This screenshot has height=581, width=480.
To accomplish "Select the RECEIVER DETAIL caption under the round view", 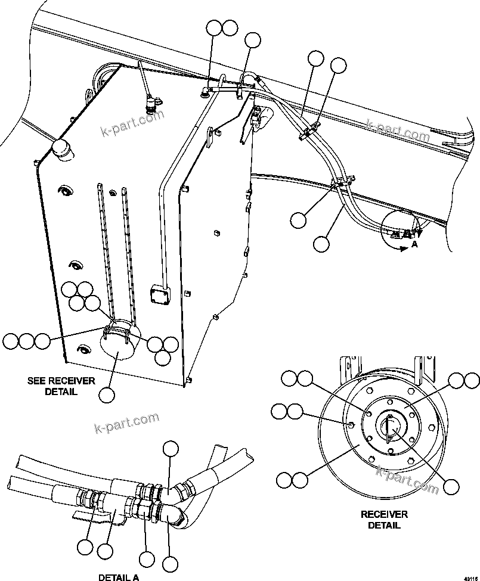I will click(384, 519).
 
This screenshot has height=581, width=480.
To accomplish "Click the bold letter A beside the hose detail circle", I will click(414, 244).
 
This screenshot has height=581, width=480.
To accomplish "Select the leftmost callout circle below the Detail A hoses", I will click(85, 546).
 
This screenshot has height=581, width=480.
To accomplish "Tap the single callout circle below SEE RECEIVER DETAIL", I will click(107, 394).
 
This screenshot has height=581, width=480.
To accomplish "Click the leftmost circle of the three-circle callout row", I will click(11, 341).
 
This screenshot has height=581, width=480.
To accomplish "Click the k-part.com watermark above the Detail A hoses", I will click(126, 422).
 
